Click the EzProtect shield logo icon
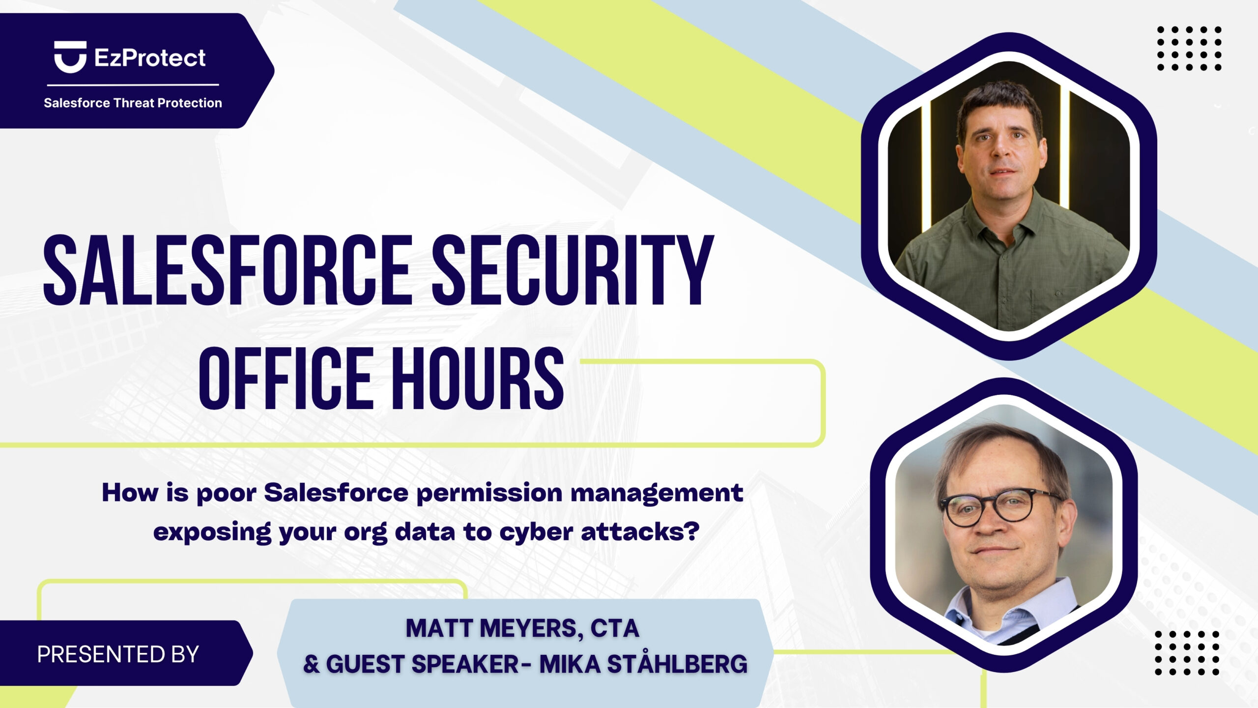(70, 57)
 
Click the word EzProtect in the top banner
(150, 58)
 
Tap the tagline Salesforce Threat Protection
(133, 103)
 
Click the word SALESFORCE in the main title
(228, 270)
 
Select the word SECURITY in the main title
(573, 270)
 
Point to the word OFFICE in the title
(286, 378)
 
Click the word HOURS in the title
(477, 378)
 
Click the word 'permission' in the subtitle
(489, 494)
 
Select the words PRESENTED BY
(118, 654)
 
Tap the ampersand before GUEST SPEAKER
(312, 664)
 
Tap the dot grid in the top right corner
(1189, 48)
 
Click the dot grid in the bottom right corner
(1187, 653)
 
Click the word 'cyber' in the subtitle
(536, 532)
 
